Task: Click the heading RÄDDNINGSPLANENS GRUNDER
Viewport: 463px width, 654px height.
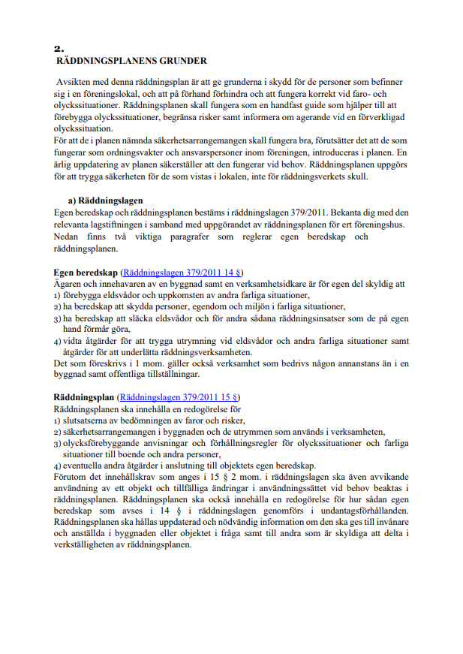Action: point(131,61)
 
